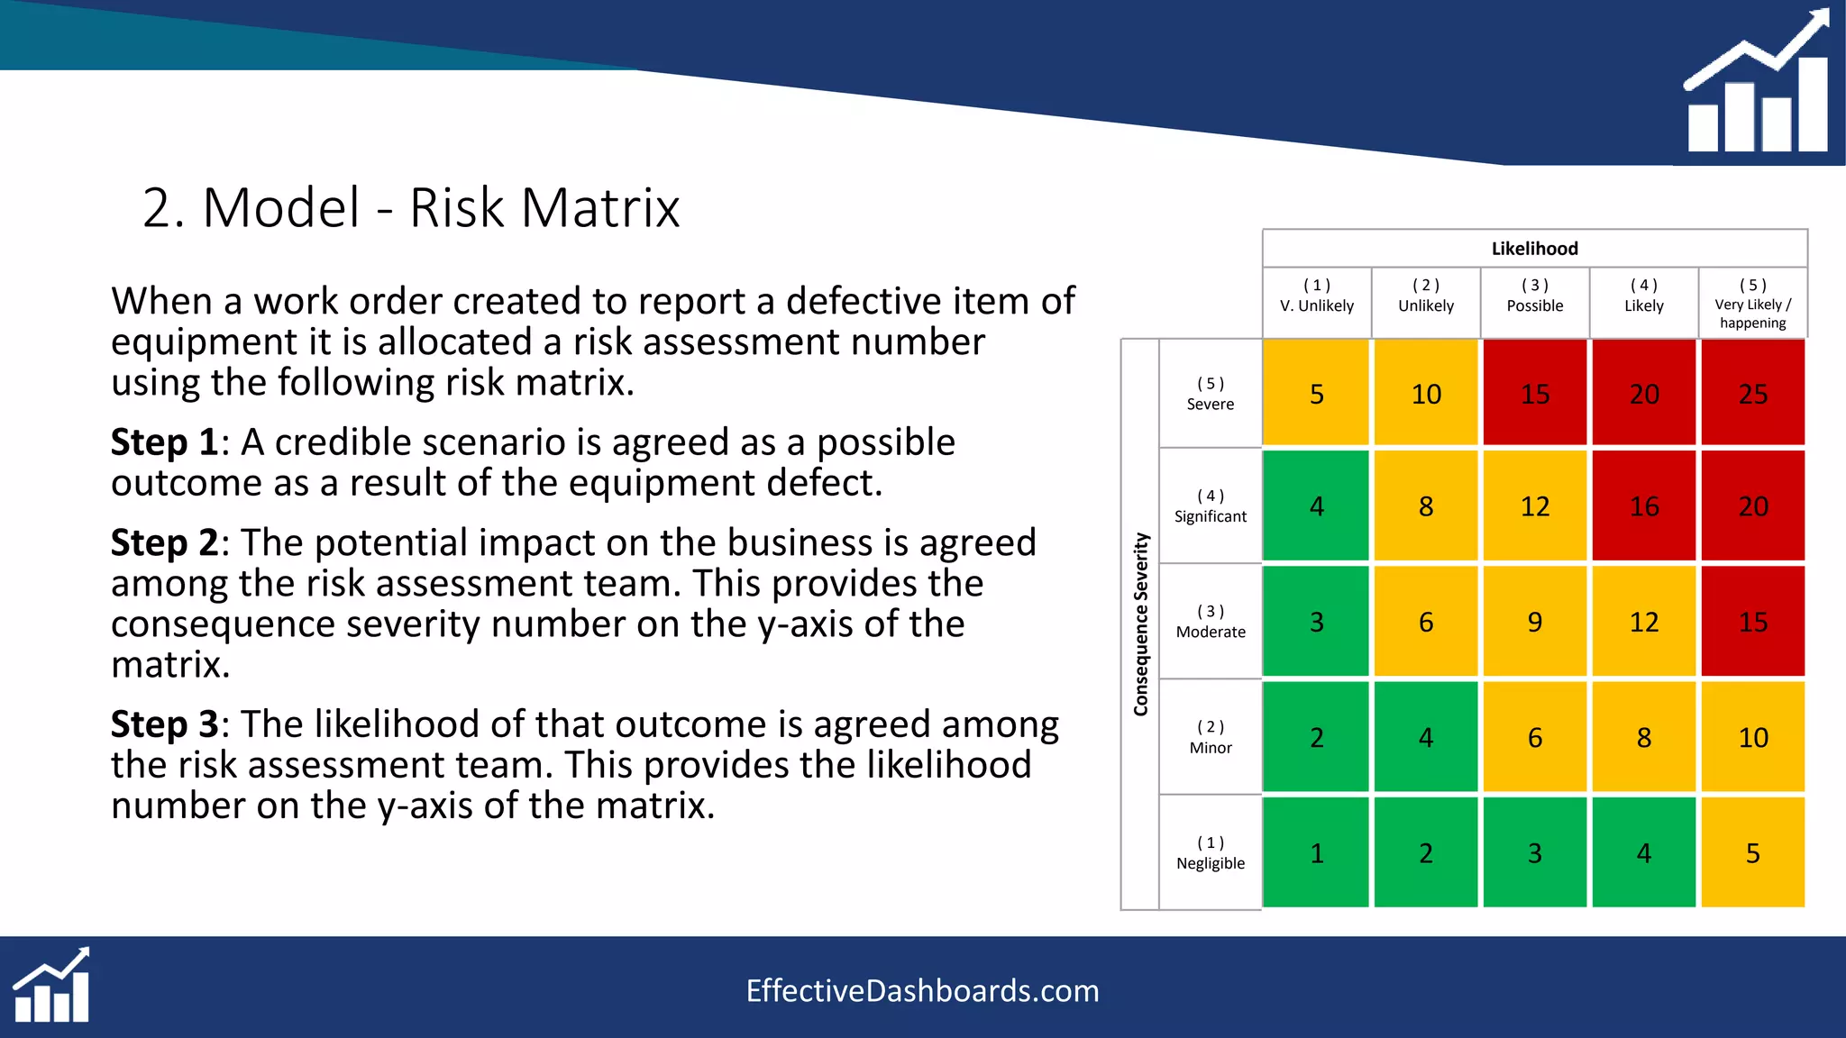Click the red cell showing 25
1752,393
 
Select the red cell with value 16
1643,505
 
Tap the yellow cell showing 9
1534,621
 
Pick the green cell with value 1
1316,852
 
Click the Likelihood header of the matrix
1534,249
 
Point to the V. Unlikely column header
1316,296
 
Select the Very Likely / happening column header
1752,304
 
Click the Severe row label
1210,394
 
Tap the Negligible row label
1210,853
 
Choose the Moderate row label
1210,622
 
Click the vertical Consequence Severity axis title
1140,624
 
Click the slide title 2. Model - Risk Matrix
411,208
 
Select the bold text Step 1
163,442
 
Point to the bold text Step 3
163,724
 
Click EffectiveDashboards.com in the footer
922,991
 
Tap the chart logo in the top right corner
1756,83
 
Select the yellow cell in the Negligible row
1752,852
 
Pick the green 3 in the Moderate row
1316,621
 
